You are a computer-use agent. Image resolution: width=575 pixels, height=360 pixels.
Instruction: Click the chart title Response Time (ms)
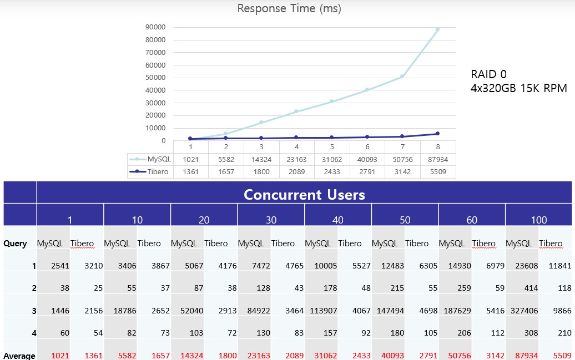tap(289, 8)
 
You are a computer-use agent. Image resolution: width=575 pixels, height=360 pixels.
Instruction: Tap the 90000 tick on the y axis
tap(155, 27)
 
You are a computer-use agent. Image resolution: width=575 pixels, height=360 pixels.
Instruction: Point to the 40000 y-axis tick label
tap(155, 90)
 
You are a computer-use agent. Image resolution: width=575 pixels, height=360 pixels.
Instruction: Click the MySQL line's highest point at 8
tap(437, 29)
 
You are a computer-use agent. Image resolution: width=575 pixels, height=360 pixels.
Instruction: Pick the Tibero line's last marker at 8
tap(437, 134)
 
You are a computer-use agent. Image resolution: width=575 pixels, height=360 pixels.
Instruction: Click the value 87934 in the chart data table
tap(437, 159)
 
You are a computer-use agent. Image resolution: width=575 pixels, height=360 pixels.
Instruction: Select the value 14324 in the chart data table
tap(261, 159)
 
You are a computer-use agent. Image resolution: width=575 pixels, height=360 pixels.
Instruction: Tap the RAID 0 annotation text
tap(488, 74)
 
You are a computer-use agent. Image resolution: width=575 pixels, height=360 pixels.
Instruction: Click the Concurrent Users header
tap(304, 195)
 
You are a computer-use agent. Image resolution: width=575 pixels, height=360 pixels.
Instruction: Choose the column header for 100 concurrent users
tap(538, 220)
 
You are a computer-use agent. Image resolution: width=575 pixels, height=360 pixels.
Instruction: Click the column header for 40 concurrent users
tap(337, 220)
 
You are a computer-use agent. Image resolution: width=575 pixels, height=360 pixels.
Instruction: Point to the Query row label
tap(15, 243)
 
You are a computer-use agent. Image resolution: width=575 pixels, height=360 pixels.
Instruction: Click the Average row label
tap(19, 356)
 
